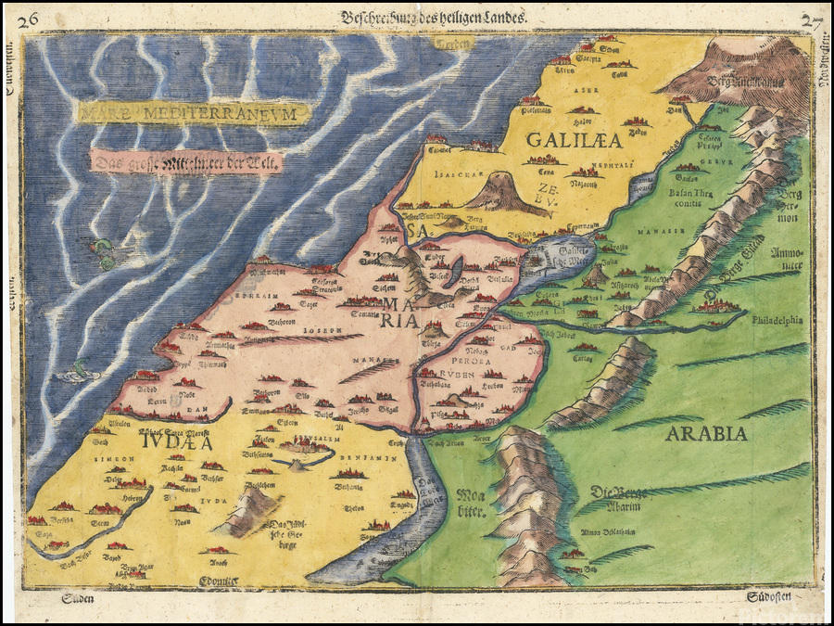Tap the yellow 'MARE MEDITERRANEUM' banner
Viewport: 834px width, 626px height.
click(x=194, y=113)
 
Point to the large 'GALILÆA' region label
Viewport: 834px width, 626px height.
click(x=562, y=140)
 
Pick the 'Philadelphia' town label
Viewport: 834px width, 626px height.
click(x=777, y=322)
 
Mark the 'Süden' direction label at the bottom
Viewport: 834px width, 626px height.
click(x=78, y=599)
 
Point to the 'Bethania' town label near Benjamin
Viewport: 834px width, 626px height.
click(x=351, y=485)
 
